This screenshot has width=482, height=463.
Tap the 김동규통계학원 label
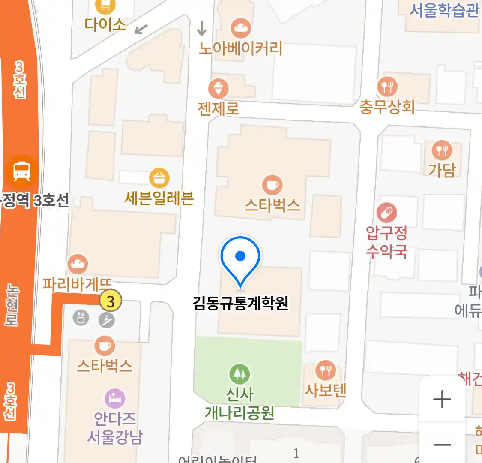tap(240, 304)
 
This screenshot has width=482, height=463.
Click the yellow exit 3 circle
tap(111, 301)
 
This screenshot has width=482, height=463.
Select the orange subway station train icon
tap(21, 172)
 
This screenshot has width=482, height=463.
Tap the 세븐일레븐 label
tap(159, 198)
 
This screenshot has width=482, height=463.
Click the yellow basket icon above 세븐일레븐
tap(159, 178)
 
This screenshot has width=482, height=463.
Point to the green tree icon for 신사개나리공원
tap(240, 374)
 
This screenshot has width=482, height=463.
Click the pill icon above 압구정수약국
tap(386, 213)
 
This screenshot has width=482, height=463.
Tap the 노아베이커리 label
tap(240, 48)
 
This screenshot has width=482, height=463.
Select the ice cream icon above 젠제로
tap(218, 89)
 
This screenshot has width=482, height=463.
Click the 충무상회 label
tap(387, 107)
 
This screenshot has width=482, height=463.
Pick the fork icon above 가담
tap(442, 150)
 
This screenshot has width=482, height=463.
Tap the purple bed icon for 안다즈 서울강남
tap(115, 398)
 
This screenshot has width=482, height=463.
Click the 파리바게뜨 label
tap(77, 284)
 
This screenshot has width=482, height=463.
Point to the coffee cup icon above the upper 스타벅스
tap(272, 185)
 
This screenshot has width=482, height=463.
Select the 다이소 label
tap(105, 24)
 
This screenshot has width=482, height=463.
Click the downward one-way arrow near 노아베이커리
tap(201, 28)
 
